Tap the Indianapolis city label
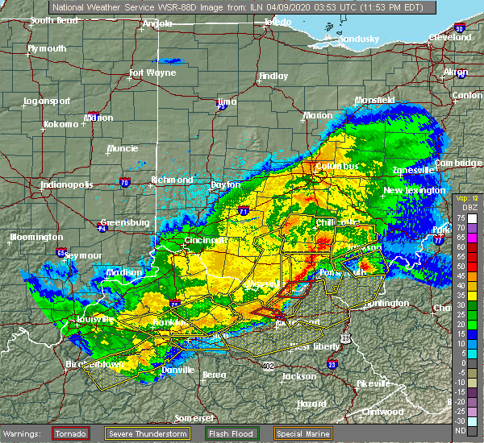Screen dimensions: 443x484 67,184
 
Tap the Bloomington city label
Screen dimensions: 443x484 36,238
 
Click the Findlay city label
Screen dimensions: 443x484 272,77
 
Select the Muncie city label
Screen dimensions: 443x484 123,149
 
